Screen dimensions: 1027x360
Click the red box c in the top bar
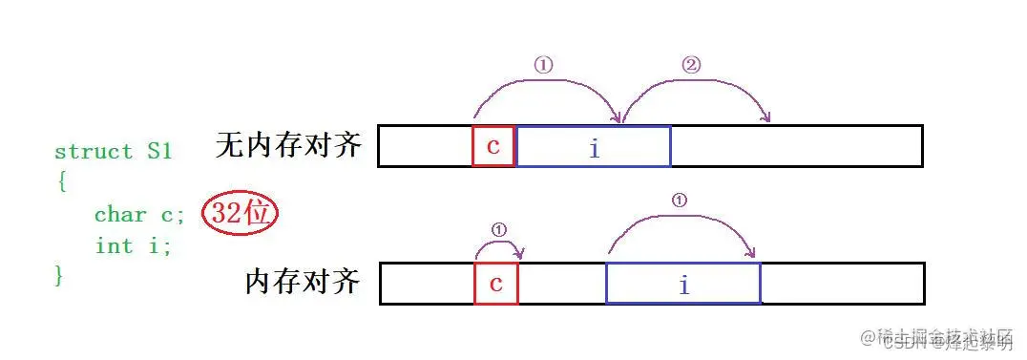493,146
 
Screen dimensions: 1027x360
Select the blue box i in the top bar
593,146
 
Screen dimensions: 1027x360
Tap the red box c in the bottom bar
495,284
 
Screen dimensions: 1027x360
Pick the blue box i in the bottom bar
683,284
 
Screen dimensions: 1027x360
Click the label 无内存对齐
289,145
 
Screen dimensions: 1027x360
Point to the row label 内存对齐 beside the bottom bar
303,282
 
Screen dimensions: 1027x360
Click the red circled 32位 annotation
239,214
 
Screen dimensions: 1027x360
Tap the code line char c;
134,214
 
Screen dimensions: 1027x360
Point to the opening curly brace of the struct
61,181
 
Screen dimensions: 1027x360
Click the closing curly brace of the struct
60,276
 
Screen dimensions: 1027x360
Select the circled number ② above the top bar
691,66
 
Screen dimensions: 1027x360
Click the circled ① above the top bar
543,66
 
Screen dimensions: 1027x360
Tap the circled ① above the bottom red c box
498,230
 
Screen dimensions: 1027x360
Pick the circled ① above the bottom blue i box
679,201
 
